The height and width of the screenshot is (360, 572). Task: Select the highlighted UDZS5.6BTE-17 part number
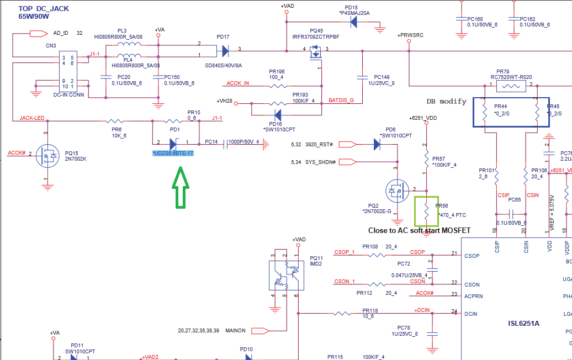pyautogui.click(x=173, y=153)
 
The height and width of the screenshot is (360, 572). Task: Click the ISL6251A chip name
pyautogui.click(x=523, y=324)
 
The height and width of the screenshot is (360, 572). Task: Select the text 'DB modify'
pyautogui.click(x=447, y=102)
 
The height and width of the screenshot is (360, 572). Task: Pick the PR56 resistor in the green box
pyautogui.click(x=427, y=210)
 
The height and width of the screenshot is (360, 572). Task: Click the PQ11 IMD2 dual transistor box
pyautogui.click(x=286, y=274)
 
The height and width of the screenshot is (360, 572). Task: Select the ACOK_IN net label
pyautogui.click(x=238, y=83)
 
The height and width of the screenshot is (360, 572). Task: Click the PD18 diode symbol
pyautogui.click(x=353, y=22)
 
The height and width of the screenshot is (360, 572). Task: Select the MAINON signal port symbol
pyautogui.click(x=260, y=331)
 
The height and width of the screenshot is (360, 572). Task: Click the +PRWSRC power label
pyautogui.click(x=410, y=35)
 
